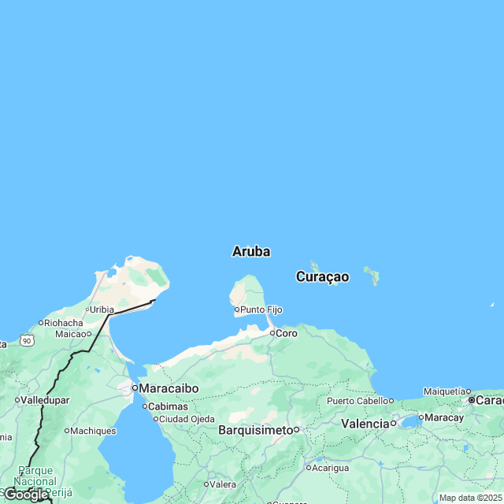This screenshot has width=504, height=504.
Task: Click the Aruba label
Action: [251, 252]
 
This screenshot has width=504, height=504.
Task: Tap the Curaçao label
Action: [322, 276]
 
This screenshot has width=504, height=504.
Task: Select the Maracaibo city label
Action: [169, 388]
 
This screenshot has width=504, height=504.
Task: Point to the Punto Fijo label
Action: [261, 310]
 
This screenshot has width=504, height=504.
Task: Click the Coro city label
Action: [287, 334]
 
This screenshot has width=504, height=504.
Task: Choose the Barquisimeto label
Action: [256, 430]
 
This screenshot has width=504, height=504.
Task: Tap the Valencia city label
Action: [365, 424]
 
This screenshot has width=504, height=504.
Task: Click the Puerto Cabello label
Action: [359, 401]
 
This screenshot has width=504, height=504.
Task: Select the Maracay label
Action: [446, 417]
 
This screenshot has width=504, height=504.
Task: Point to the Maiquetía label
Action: [445, 391]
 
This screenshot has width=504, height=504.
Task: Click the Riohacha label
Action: [64, 323]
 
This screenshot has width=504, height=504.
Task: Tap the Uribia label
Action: [102, 309]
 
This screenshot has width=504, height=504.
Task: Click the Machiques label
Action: [93, 431]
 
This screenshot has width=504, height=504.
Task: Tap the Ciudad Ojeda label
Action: [186, 418]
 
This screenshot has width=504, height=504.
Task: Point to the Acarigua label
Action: [330, 467]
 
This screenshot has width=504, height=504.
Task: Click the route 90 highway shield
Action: [27, 340]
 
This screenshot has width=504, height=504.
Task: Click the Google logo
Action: [25, 495]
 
